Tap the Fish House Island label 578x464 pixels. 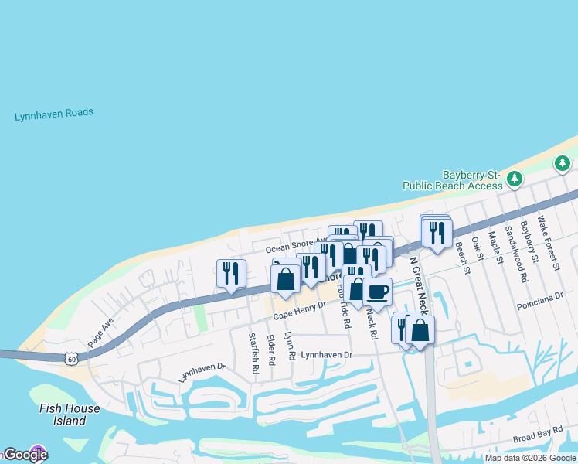(x=70, y=415)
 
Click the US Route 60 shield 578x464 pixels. (x=72, y=359)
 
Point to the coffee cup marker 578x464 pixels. (x=377, y=292)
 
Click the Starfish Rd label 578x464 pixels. (x=253, y=353)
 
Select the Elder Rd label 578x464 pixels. (x=271, y=350)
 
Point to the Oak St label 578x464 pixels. (x=477, y=250)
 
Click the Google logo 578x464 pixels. (x=25, y=455)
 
